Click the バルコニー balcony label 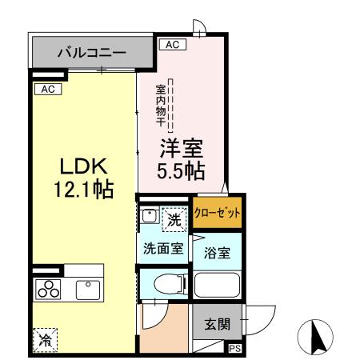[91, 54]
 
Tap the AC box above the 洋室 [170, 46]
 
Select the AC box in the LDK [47, 89]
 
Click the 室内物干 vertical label [160, 103]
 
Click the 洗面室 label [162, 248]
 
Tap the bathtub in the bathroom [216, 287]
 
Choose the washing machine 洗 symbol [174, 216]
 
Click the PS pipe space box [234, 349]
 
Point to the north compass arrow [314, 336]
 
